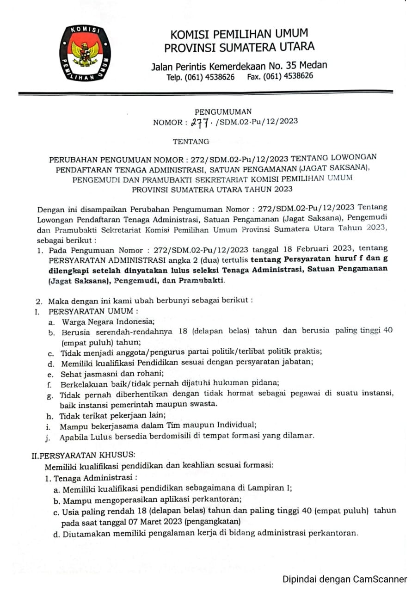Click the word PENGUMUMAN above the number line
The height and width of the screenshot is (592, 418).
tap(223, 111)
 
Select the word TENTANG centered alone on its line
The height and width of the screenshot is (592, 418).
tap(191, 142)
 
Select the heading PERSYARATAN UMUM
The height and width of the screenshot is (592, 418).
tap(93, 311)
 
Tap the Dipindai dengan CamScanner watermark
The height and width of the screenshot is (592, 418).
tap(344, 579)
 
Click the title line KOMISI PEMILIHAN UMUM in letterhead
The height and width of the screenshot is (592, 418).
tap(239, 34)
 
